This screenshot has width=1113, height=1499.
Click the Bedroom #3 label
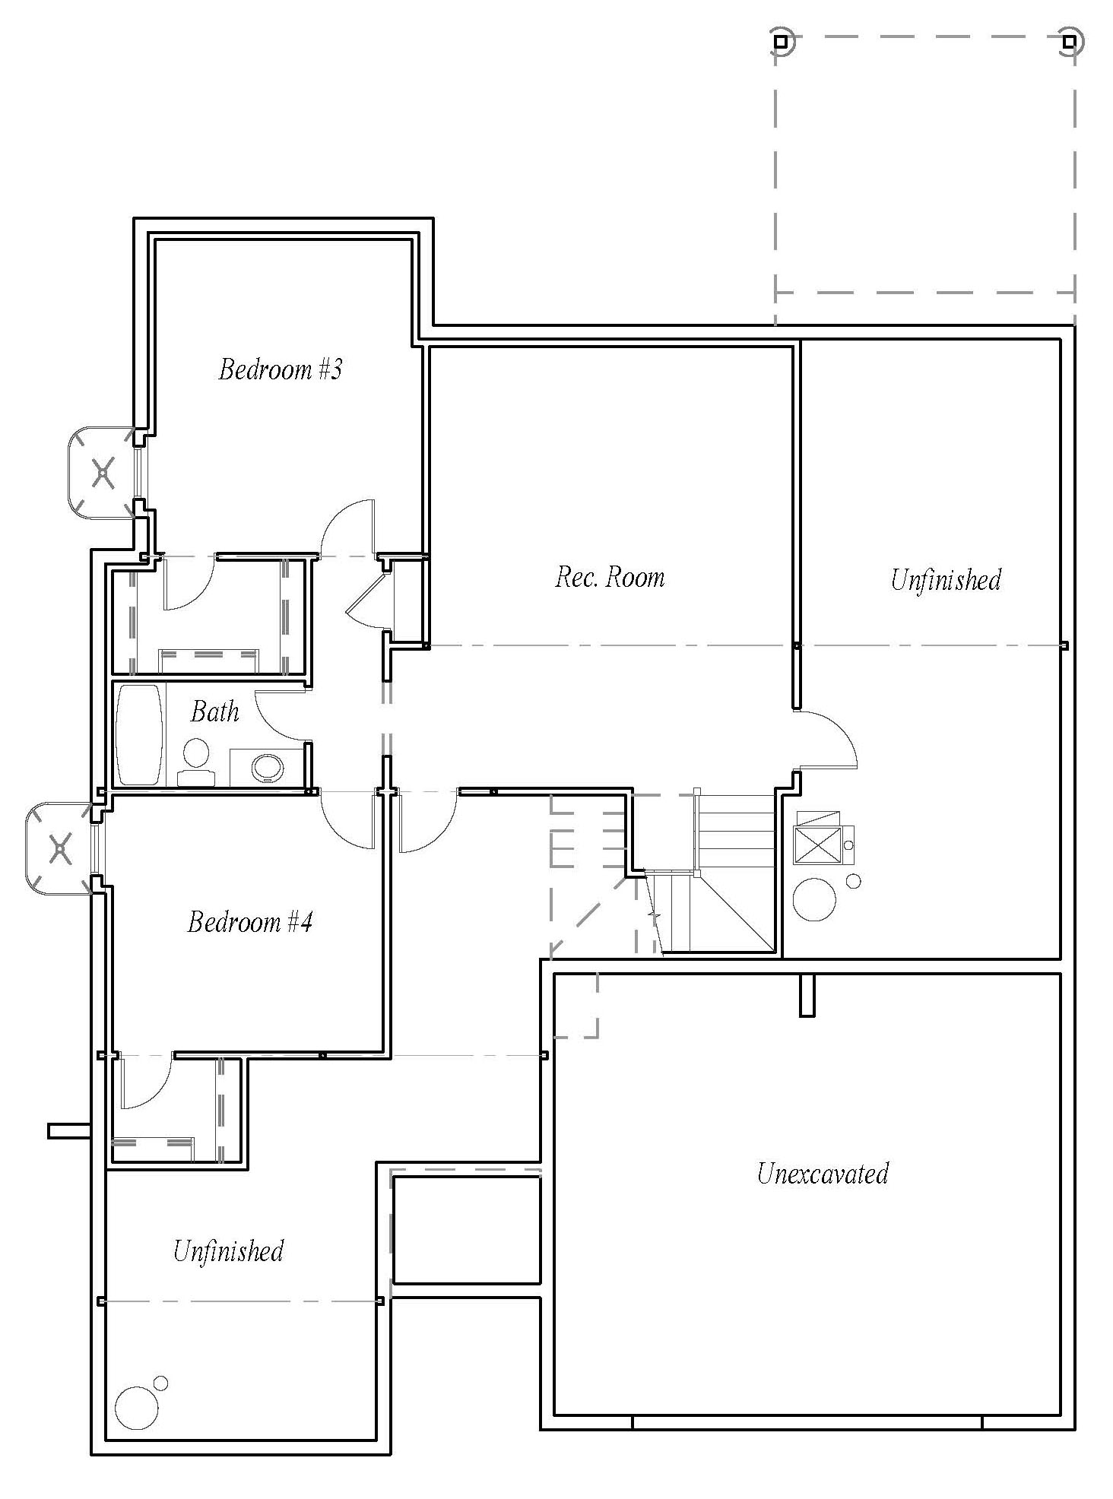281,369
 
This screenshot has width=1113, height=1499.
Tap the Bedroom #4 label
250,922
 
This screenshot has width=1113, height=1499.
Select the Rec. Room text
610,577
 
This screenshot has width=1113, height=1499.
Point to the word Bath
214,711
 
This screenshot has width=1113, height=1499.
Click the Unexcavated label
823,1174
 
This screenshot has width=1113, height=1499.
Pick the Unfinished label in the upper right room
946,580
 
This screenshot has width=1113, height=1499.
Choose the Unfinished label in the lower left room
228,1250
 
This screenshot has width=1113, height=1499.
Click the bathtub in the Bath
139,734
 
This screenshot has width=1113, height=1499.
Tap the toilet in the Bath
196,761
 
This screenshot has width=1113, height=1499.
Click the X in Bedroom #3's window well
103,473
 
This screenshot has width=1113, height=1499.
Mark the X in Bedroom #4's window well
61,848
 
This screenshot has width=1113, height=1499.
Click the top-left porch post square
780,42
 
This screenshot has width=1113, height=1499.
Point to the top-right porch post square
1069,42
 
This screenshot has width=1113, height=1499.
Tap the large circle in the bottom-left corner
137,1408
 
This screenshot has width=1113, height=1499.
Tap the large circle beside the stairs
814,899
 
